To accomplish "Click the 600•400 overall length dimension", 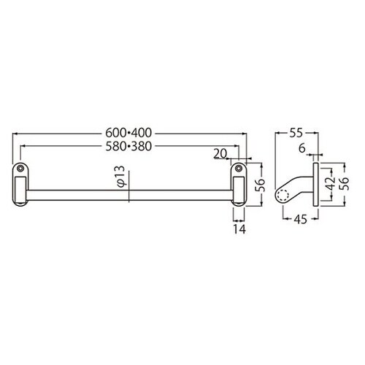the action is pyautogui.click(x=128, y=133).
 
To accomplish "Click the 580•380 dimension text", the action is pyautogui.click(x=128, y=147).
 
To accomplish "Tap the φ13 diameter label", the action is pyautogui.click(x=121, y=177).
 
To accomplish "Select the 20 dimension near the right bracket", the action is pyautogui.click(x=220, y=154).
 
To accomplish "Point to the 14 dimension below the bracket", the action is pyautogui.click(x=239, y=229).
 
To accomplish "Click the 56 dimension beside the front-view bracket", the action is pyautogui.click(x=260, y=185).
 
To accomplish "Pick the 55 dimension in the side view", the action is pyautogui.click(x=296, y=133).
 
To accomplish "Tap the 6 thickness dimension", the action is pyautogui.click(x=302, y=148).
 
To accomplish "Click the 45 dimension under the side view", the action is pyautogui.click(x=301, y=220).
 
